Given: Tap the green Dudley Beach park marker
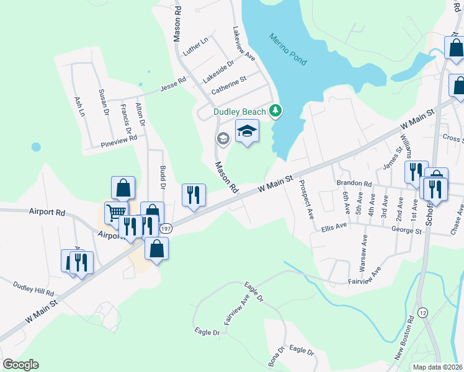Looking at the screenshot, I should point(276,112).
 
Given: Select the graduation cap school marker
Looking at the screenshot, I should point(247,132).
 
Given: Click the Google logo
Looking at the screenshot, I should point(20,365).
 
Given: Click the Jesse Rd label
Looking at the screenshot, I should point(173,82).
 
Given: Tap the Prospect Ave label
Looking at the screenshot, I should point(306,200).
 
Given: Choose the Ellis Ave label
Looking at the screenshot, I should point(334,227).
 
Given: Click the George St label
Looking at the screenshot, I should point(406,231).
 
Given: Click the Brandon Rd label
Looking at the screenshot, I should point(354,184).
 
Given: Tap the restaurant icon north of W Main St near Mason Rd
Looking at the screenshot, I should point(193,195).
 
